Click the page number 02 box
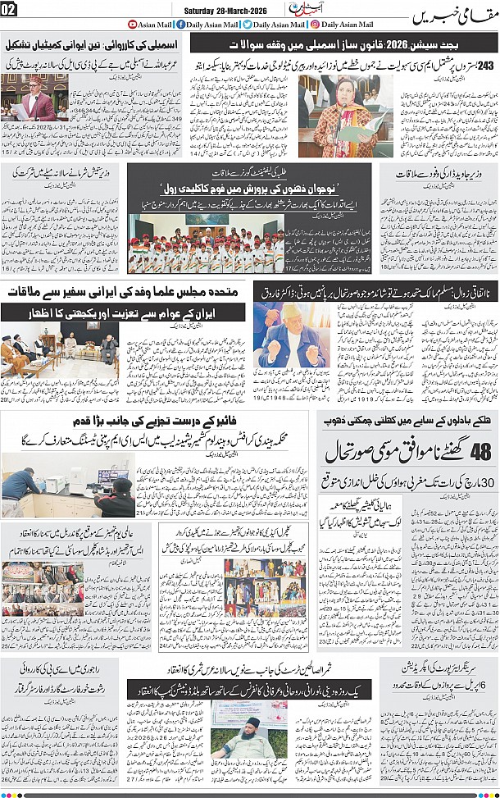pyautogui.click(x=11, y=10)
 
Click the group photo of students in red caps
pyautogui.click(x=206, y=244)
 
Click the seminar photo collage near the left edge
pyautogui.click(x=31, y=589)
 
